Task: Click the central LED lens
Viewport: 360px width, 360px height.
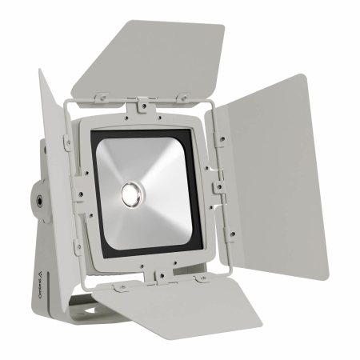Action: pyautogui.click(x=129, y=191)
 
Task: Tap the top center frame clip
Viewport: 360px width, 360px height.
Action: pyautogui.click(x=142, y=106)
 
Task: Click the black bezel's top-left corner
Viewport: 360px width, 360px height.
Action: pyautogui.click(x=98, y=132)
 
